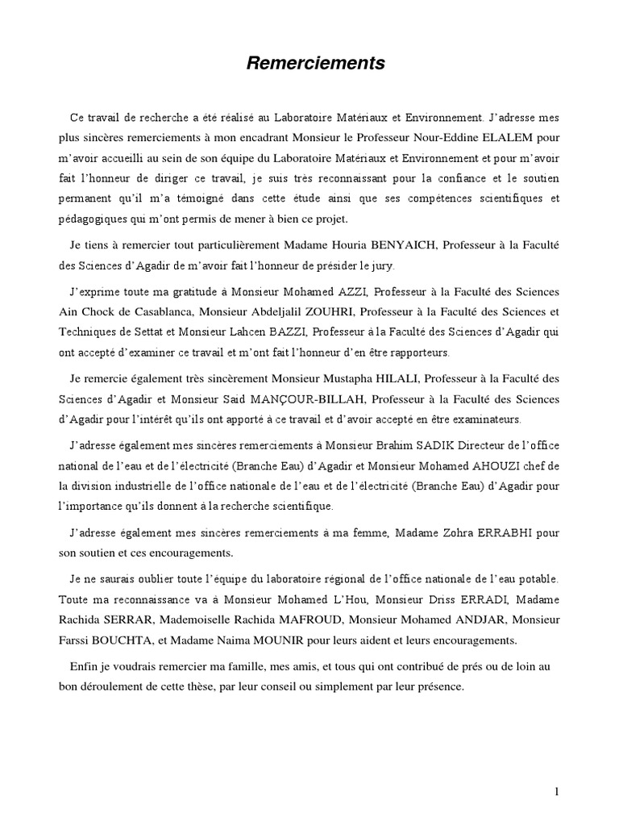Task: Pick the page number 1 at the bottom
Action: coord(556,791)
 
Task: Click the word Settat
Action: coord(166,330)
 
